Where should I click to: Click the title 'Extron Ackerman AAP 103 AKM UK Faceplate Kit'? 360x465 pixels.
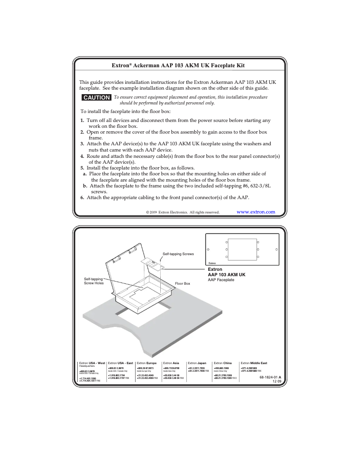(x=178, y=66)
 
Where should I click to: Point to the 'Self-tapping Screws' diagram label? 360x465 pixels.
(x=178, y=254)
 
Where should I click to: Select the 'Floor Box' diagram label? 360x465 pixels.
(x=182, y=283)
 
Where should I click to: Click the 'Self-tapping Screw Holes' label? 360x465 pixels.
(x=93, y=281)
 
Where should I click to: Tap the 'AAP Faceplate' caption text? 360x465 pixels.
(x=221, y=280)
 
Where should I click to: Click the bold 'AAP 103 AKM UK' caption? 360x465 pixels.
(x=226, y=274)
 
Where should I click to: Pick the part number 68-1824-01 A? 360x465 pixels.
(x=270, y=377)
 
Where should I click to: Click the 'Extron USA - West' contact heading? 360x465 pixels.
(x=92, y=362)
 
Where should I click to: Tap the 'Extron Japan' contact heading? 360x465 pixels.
(x=197, y=362)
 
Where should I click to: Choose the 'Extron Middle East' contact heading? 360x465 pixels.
(x=254, y=362)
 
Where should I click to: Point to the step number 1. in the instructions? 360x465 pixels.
(x=82, y=121)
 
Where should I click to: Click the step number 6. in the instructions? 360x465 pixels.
(x=82, y=197)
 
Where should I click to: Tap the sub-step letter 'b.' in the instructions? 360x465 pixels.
(x=85, y=185)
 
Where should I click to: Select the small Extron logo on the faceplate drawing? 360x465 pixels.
(x=212, y=263)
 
